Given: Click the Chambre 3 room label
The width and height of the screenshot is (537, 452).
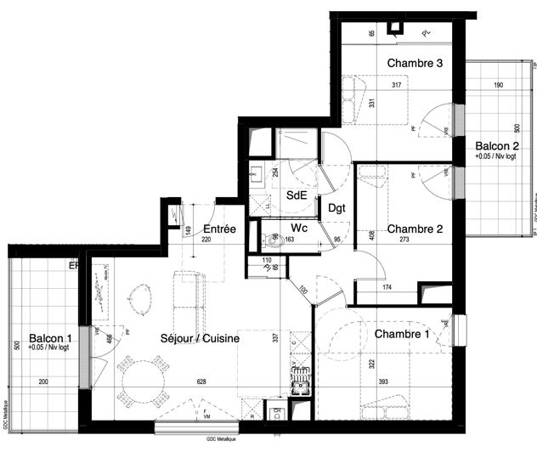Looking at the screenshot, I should tap(415, 63).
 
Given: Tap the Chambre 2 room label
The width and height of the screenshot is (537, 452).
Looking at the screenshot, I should tap(415, 228).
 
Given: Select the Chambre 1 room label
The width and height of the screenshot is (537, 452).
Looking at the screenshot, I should tap(402, 334).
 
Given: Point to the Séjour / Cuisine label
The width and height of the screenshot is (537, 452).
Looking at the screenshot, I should tap(200, 338).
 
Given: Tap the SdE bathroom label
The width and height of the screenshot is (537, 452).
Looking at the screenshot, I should tap(296, 195).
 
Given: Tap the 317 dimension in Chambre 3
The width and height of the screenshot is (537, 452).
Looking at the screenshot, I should tap(397, 85).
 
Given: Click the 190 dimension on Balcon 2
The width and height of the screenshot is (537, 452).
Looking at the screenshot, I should tap(499, 85).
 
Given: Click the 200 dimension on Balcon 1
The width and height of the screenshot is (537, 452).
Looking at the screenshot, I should tap(42, 383).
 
